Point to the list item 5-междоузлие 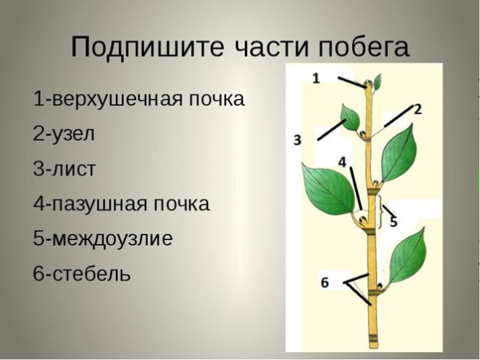(x=102, y=238)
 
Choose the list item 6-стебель (x=82, y=274)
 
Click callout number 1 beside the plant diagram (x=315, y=78)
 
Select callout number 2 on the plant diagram (x=417, y=108)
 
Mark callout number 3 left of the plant (x=297, y=141)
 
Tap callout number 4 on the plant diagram (x=342, y=162)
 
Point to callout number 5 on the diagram (x=394, y=222)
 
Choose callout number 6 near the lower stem (x=324, y=282)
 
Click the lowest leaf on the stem (x=409, y=256)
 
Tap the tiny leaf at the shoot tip (x=378, y=81)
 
